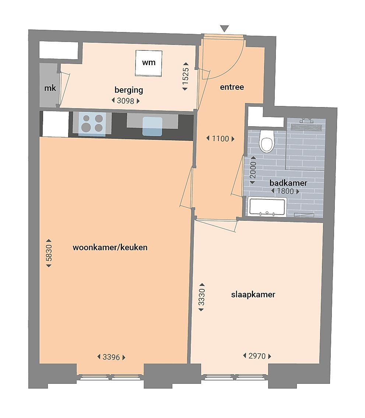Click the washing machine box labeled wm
coord(148,63)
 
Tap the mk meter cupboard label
coord(50,88)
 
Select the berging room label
coord(129,90)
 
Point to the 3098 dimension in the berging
coord(125,101)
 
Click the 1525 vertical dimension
coord(185,77)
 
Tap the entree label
coord(232,87)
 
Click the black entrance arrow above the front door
coord(225,29)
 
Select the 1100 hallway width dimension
coord(220,139)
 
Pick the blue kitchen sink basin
coord(152,127)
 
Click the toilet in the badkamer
coord(267,141)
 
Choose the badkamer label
coord(288,183)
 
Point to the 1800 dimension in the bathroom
coord(285,191)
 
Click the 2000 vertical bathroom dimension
coord(253,170)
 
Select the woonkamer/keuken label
coord(110,247)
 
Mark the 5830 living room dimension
coord(49,253)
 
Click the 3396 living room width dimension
coord(111,357)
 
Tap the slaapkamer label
coord(253,295)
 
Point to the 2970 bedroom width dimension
coord(257,356)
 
